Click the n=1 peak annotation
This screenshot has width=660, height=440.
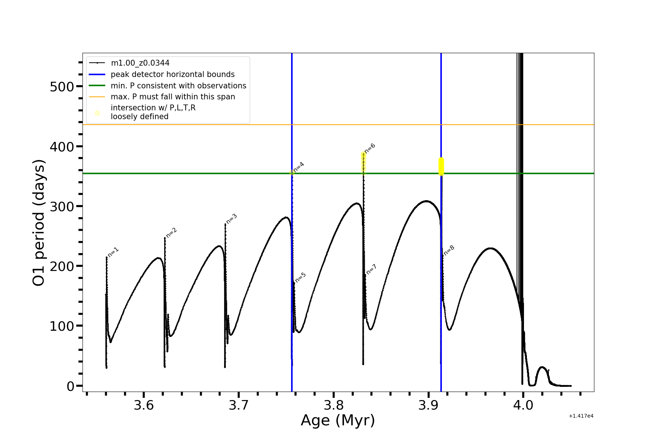pos(113,252)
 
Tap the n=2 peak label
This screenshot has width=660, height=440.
pos(172,232)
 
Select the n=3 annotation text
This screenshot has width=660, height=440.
pos(232,219)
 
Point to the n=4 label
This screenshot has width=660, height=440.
pos(299,167)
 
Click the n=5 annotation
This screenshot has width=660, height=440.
pos(301,277)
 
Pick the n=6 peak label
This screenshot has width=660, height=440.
pos(370,148)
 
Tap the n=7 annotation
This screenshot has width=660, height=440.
pos(371,269)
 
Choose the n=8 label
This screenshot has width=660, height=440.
pos(449,250)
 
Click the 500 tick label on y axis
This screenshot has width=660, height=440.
pos(62,87)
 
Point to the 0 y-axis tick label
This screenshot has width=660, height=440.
pos(70,386)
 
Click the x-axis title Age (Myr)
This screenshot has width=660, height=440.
pos(338,421)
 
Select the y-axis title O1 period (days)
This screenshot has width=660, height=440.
pos(39,223)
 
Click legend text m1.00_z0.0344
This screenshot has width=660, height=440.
pos(140,63)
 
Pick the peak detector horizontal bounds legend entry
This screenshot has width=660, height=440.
pos(172,74)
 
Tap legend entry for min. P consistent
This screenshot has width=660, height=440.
pos(178,86)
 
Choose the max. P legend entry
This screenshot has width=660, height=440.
pos(173,97)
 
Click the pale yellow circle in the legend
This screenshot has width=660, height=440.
pos(97,113)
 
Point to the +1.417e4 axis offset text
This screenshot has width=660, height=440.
pos(581,416)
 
